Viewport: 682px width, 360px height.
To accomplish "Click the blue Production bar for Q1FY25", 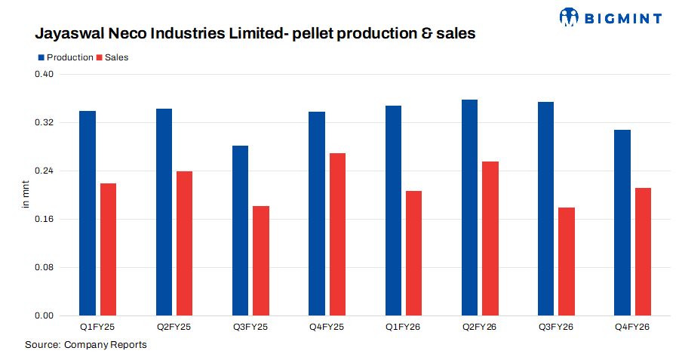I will (x=88, y=213).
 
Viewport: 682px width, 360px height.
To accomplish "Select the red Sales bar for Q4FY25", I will (x=337, y=234).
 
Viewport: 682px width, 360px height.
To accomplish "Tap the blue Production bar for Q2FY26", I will (x=469, y=208).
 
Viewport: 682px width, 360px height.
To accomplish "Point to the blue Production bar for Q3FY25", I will (x=240, y=230).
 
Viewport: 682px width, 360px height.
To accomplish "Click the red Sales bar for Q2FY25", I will (x=184, y=243).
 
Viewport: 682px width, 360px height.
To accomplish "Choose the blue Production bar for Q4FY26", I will (x=622, y=223).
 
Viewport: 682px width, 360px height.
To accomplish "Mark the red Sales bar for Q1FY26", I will (x=413, y=253).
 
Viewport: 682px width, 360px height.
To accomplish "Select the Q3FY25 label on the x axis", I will (x=250, y=327).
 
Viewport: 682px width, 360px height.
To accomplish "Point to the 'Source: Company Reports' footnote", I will (x=85, y=345).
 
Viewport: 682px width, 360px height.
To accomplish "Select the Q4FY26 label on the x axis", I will (x=632, y=327).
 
